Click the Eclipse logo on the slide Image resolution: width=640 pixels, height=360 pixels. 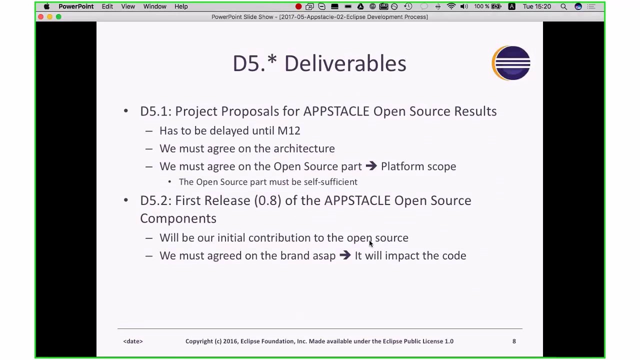(511, 63)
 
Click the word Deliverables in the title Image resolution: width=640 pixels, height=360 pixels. (345, 64)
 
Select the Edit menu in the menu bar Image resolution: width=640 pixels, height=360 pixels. (107, 6)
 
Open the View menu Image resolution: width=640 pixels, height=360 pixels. (128, 6)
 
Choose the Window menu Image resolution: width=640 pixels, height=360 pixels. (154, 6)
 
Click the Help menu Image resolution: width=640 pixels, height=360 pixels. (181, 6)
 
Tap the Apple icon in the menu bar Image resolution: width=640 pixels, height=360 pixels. (46, 6)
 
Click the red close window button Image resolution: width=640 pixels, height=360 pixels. (40, 17)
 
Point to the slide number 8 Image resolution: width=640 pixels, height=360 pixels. (514, 341)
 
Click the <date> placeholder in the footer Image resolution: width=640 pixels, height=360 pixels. (133, 341)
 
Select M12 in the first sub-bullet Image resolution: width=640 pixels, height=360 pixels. (288, 130)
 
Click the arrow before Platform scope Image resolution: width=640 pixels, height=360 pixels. (371, 166)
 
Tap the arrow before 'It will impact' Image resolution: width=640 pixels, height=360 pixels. (345, 255)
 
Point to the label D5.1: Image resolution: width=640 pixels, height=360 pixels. (155, 111)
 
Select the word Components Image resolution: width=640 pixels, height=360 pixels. (178, 218)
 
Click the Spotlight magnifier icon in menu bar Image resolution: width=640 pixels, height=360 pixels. (563, 6)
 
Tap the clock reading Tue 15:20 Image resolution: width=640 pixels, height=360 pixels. (536, 6)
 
